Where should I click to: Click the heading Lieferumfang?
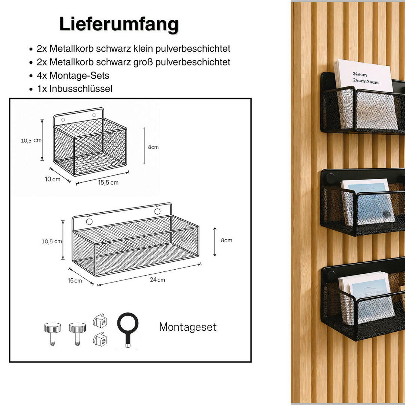(119, 24)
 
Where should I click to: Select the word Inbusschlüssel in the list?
(81, 89)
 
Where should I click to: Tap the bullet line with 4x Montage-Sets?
(73, 75)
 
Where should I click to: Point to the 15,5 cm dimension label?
(108, 183)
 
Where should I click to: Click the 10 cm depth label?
(53, 179)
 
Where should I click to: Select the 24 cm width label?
(157, 280)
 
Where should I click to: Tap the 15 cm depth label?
(75, 280)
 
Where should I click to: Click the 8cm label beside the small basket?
(153, 147)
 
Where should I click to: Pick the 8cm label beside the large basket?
(226, 240)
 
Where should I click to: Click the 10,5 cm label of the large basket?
(52, 241)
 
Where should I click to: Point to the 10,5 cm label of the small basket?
(31, 140)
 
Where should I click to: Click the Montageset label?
(188, 327)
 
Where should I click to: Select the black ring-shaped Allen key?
(128, 326)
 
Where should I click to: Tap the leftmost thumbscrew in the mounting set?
(52, 332)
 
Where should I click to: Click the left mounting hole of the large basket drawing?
(89, 222)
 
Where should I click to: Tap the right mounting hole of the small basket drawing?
(94, 115)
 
